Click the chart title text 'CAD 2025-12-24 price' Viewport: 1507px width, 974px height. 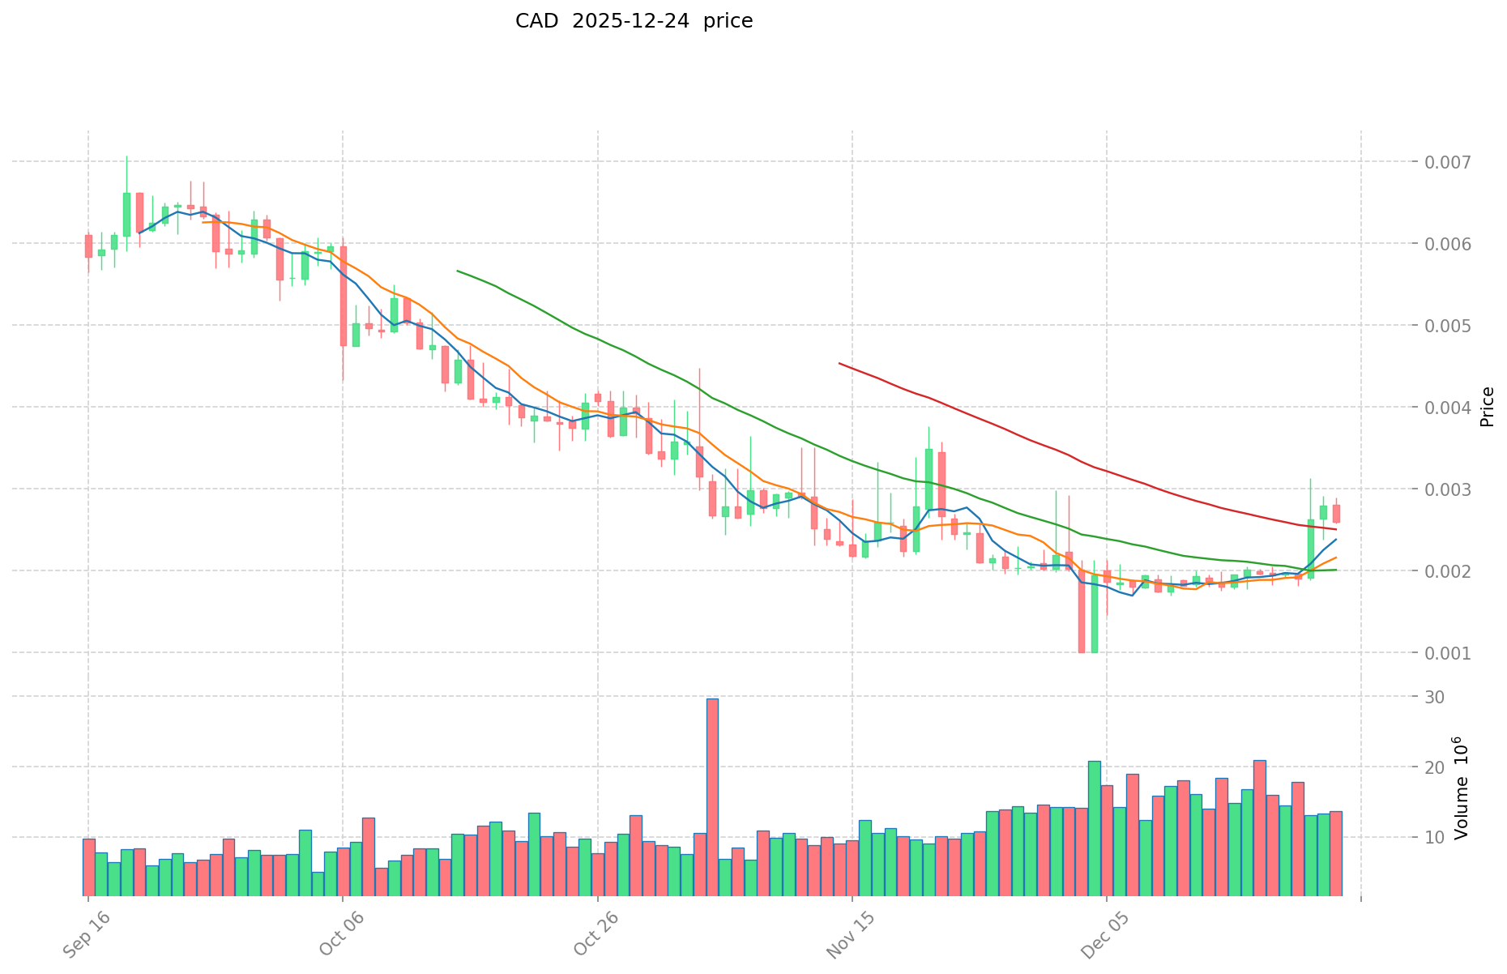click(x=634, y=21)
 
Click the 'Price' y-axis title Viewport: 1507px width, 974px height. click(x=1486, y=407)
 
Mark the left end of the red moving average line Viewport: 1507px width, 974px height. click(x=839, y=364)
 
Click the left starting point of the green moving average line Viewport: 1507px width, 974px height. click(x=458, y=271)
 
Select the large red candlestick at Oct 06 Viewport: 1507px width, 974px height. click(x=344, y=296)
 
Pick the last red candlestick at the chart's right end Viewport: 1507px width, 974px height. click(x=1336, y=514)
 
